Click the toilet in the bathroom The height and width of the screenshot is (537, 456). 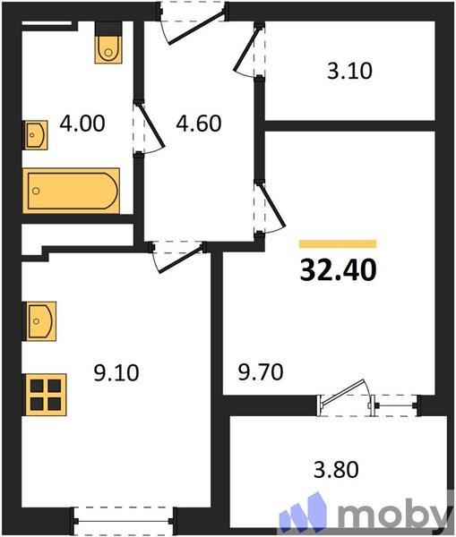tap(108, 47)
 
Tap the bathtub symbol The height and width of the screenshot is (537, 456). tap(72, 190)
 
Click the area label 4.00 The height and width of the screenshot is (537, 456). tap(82, 122)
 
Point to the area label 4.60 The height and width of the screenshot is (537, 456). tap(197, 122)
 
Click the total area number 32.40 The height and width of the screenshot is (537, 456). tap(337, 268)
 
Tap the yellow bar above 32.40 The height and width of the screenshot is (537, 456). tap(337, 243)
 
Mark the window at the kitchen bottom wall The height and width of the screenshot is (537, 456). tap(123, 516)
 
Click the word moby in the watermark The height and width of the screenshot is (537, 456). tap(394, 515)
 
